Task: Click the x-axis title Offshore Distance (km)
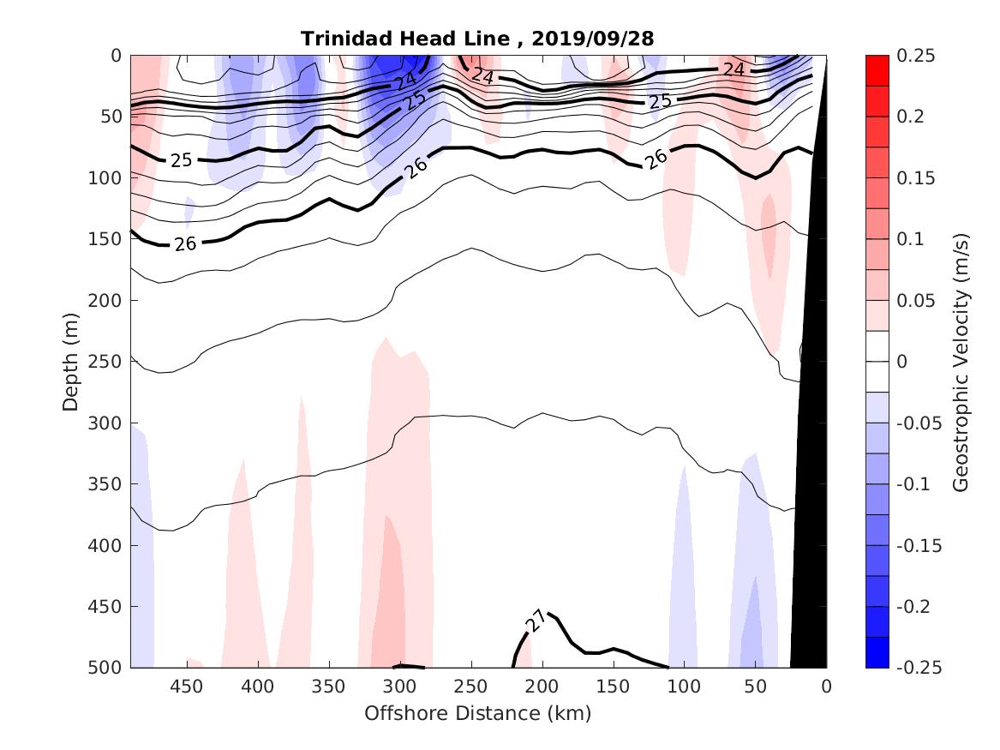[x=477, y=713]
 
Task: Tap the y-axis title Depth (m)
[x=70, y=361]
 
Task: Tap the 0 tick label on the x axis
[x=826, y=687]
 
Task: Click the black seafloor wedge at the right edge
[x=810, y=514]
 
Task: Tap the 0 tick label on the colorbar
[x=901, y=362]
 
